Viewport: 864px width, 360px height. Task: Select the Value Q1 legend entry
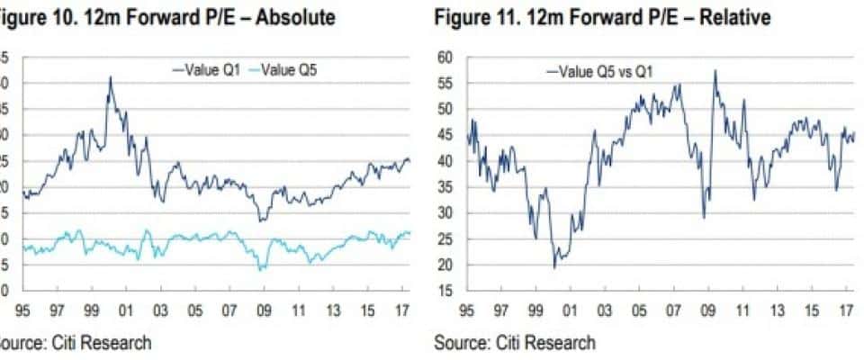pyautogui.click(x=203, y=68)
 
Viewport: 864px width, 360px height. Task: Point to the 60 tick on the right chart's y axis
pyautogui.click(x=445, y=58)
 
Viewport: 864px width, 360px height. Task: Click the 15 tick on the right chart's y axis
pyautogui.click(x=445, y=291)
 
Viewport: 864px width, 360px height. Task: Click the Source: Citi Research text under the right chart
pyautogui.click(x=514, y=342)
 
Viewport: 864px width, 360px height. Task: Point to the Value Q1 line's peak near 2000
pyautogui.click(x=111, y=77)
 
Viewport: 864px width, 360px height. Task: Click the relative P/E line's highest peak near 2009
pyautogui.click(x=715, y=71)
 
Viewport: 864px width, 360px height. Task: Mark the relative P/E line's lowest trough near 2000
pyautogui.click(x=554, y=267)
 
